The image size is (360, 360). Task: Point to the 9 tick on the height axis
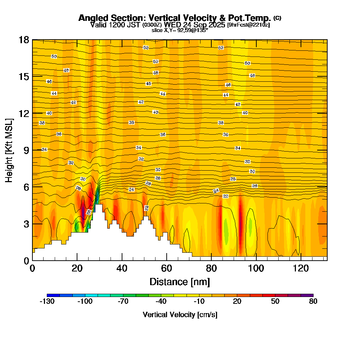click(x=26, y=150)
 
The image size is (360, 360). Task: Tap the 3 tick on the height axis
click(x=26, y=224)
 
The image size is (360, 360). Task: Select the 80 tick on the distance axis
click(x=211, y=268)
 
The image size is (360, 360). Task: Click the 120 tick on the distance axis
click(x=301, y=268)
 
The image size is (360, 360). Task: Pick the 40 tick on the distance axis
click(x=122, y=268)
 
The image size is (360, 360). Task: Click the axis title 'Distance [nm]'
click(x=180, y=282)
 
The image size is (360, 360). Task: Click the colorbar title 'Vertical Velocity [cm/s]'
click(x=180, y=315)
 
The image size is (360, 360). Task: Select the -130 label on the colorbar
click(x=47, y=302)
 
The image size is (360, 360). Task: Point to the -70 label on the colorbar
click(x=123, y=302)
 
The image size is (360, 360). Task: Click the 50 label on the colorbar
click(x=275, y=302)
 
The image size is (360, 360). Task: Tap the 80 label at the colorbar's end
click(x=313, y=302)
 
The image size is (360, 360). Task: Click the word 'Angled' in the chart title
click(x=91, y=18)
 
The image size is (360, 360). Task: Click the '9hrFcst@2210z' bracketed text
click(x=248, y=25)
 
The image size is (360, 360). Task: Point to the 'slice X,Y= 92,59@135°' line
click(x=180, y=30)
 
